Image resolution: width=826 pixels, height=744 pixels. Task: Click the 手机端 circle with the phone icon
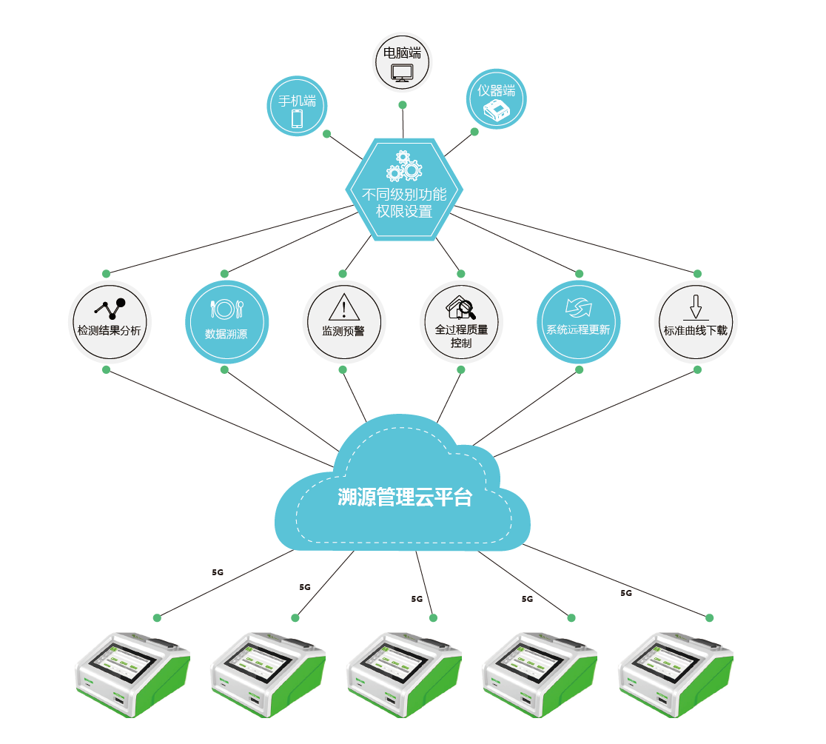296,107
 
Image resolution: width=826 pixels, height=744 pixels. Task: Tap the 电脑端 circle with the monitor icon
403,61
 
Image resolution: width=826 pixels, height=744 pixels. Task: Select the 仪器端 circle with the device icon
497,99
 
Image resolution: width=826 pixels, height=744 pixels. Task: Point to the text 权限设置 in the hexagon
404,212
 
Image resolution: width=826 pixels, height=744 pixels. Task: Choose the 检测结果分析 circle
110,323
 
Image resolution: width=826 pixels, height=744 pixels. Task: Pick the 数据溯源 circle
226,323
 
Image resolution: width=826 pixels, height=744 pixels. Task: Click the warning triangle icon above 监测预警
343,306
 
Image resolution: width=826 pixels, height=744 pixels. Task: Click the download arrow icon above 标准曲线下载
695,306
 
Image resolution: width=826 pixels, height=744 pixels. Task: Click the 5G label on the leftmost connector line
218,572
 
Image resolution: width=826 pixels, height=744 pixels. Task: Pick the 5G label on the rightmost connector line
626,593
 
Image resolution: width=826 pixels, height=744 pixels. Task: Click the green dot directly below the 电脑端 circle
403,105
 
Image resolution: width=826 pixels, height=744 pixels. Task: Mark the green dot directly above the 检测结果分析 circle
106,273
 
